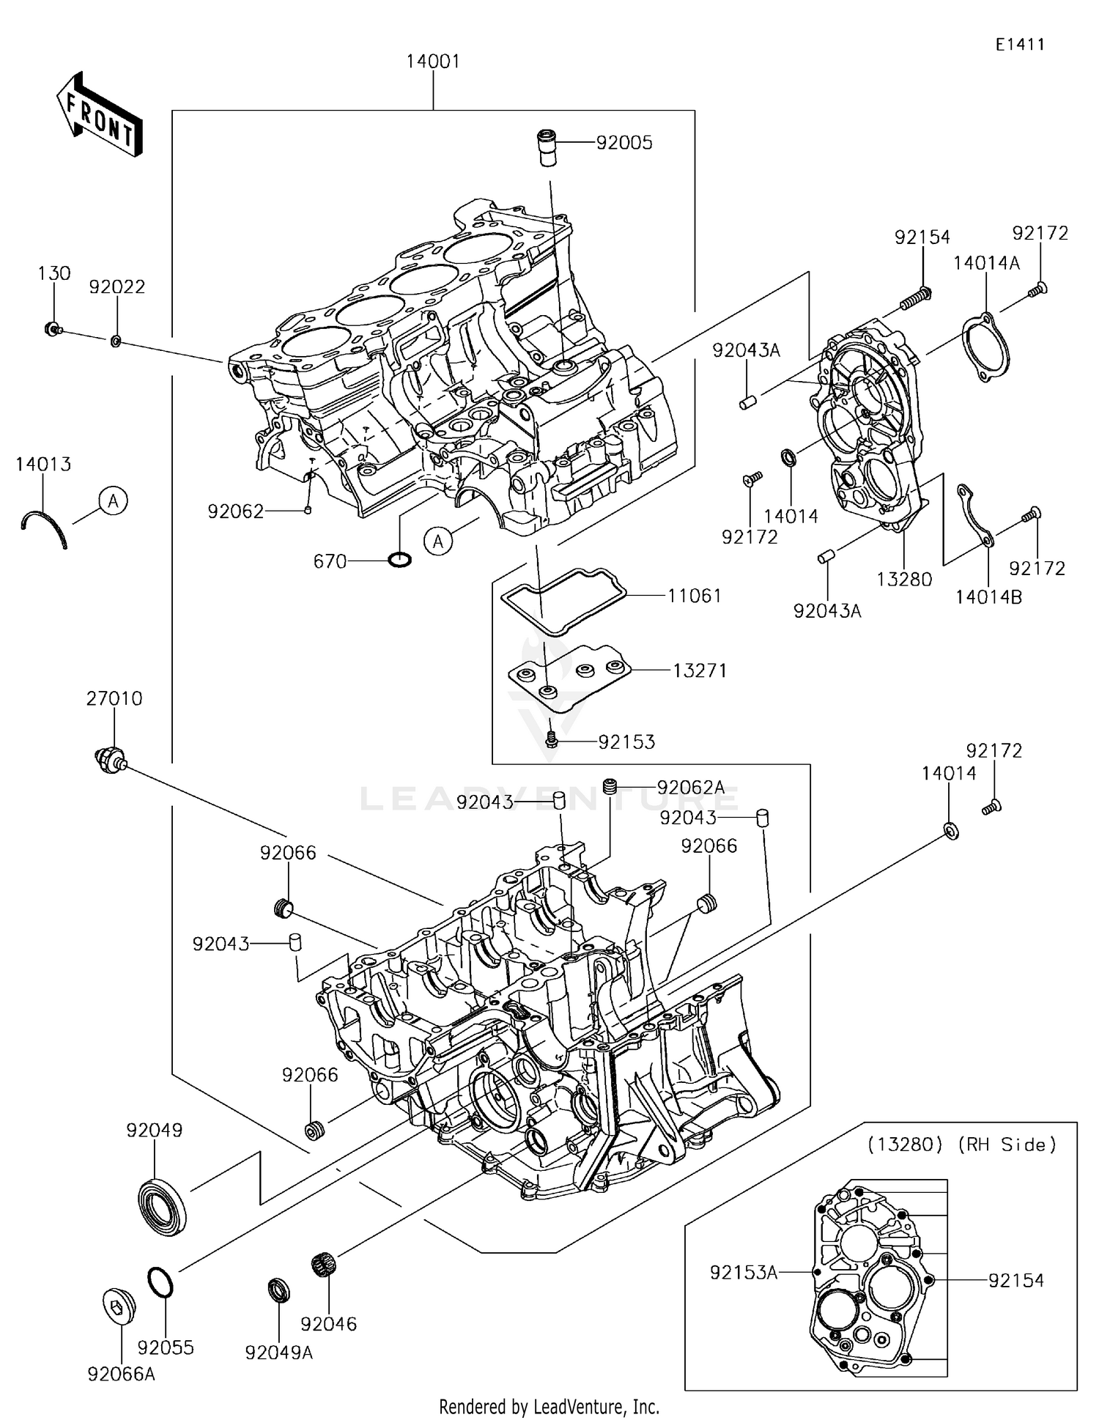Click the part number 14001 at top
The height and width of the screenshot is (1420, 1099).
(x=433, y=62)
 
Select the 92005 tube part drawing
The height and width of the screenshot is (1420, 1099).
(x=547, y=147)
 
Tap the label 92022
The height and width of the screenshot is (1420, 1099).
(x=117, y=287)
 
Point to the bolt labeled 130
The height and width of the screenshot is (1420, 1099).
(x=51, y=329)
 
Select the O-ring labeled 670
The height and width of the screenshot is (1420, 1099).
(x=399, y=561)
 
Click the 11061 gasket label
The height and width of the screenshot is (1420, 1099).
(x=694, y=596)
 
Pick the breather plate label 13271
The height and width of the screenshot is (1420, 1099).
(x=700, y=670)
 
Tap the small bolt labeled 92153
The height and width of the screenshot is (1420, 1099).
(x=552, y=741)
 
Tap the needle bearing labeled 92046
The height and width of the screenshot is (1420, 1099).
(x=322, y=1264)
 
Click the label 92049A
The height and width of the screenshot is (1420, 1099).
(x=279, y=1353)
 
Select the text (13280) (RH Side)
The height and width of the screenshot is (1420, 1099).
(x=961, y=1144)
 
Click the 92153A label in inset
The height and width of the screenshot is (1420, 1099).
(x=743, y=1273)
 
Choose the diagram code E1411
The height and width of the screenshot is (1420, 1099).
(x=1019, y=45)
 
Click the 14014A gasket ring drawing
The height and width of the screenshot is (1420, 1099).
(x=985, y=347)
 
